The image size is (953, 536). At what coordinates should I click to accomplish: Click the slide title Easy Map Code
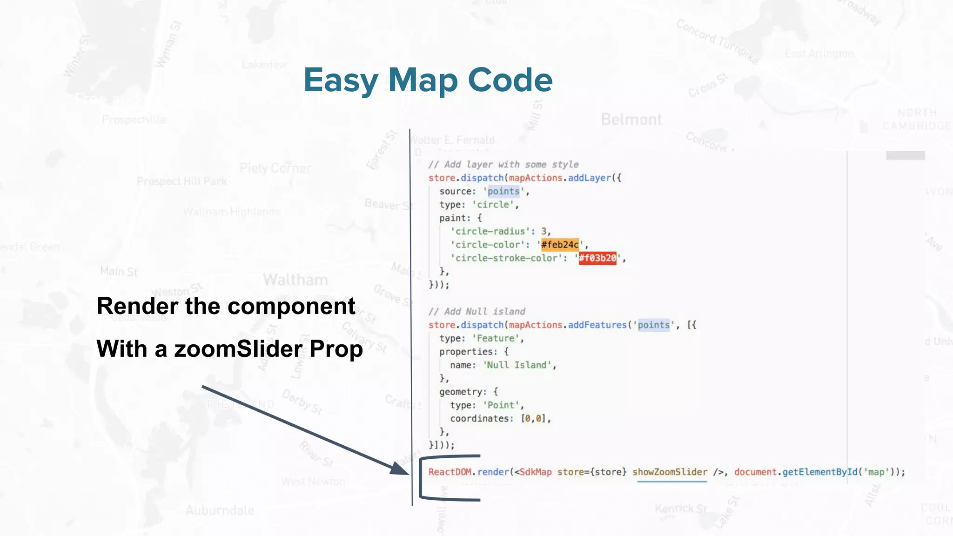pos(428,80)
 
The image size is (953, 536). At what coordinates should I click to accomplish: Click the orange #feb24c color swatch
pos(560,245)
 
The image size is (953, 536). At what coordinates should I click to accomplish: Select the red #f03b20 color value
pos(597,258)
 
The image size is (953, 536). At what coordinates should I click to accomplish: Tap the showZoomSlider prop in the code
pos(670,472)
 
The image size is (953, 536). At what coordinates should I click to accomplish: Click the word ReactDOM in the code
pos(450,472)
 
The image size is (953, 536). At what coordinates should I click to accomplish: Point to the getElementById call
pos(819,472)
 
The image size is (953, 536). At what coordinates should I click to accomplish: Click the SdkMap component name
pos(536,472)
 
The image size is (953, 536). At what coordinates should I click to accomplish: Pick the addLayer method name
pos(589,178)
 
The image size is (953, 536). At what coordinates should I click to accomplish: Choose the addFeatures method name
pos(597,325)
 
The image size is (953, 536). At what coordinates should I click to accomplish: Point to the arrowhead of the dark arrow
pos(401,469)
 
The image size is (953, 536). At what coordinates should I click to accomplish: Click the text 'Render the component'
pos(226,306)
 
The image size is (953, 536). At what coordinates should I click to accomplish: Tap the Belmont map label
pos(631,120)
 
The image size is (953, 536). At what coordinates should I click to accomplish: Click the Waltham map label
pos(295,280)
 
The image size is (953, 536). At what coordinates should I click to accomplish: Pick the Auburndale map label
pos(220,510)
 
